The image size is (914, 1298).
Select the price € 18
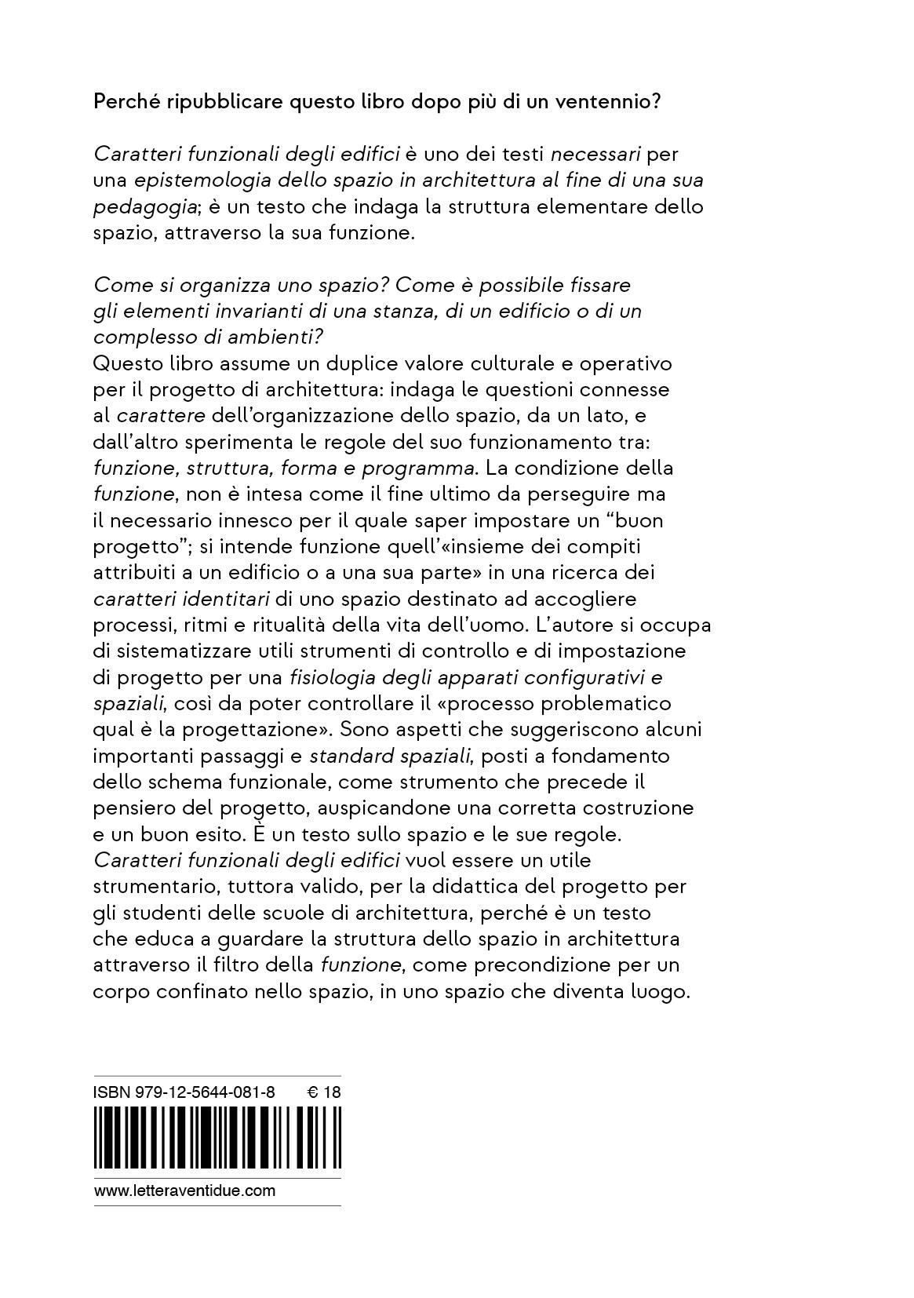point(323,1092)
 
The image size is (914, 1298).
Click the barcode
point(218,1138)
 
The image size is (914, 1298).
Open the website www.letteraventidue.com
point(185,1190)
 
